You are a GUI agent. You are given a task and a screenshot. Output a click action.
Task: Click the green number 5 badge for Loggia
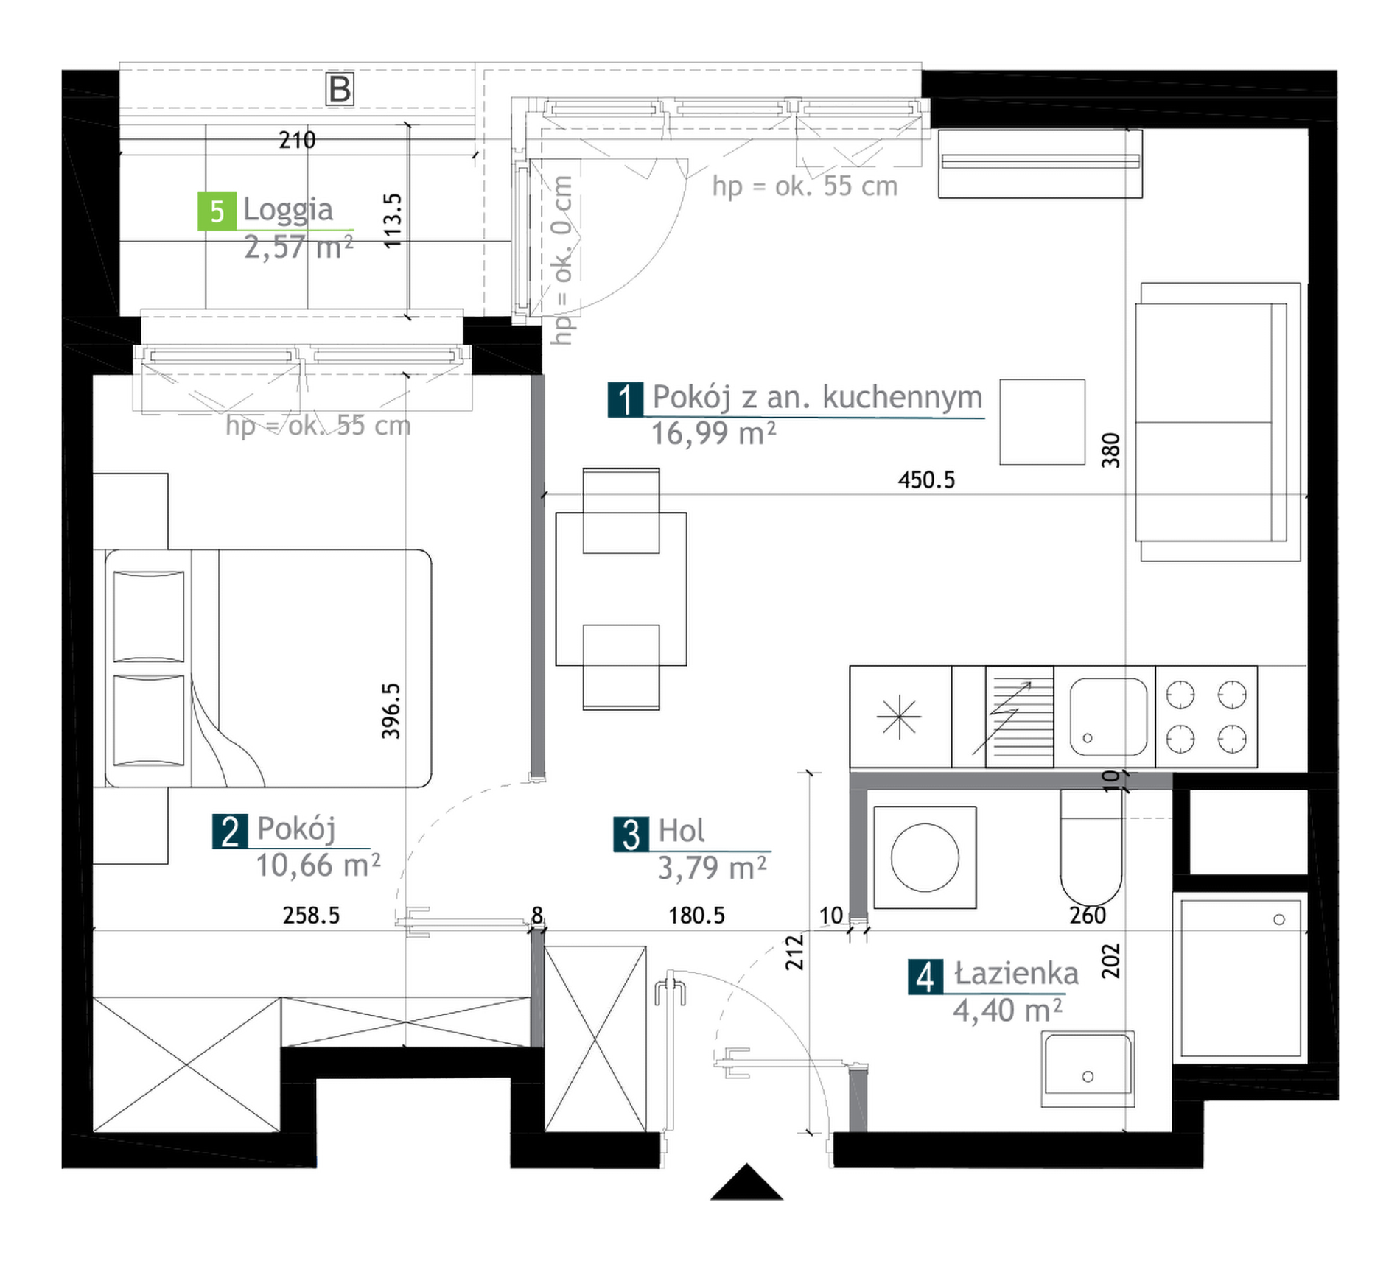click(217, 211)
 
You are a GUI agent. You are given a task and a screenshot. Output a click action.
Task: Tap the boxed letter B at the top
click(340, 89)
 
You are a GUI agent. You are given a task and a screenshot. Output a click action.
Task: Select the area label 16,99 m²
click(713, 434)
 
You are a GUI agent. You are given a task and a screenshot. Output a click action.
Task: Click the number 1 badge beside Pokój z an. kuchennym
click(626, 399)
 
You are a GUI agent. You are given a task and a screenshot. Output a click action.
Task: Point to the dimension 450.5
click(926, 480)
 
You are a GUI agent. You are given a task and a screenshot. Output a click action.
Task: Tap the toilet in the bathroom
click(1091, 847)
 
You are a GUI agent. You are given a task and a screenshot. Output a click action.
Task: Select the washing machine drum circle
click(925, 857)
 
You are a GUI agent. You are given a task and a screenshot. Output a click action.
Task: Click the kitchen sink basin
click(1108, 717)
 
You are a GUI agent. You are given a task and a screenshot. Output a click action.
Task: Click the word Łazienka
click(1016, 974)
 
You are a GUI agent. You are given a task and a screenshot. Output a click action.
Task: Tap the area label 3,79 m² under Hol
click(712, 868)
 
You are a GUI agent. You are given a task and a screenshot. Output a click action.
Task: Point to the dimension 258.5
click(311, 916)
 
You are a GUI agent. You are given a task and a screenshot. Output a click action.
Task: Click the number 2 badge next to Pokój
click(230, 832)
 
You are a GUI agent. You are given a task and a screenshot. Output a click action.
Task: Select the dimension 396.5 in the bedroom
click(391, 711)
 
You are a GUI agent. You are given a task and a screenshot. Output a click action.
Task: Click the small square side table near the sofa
click(1042, 422)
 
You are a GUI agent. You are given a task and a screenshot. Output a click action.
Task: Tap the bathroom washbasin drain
click(1088, 1077)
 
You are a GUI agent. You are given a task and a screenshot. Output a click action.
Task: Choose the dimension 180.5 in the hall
click(696, 916)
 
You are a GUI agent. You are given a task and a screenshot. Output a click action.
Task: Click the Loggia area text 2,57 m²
click(298, 248)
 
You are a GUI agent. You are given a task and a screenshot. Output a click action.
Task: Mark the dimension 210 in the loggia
click(297, 140)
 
